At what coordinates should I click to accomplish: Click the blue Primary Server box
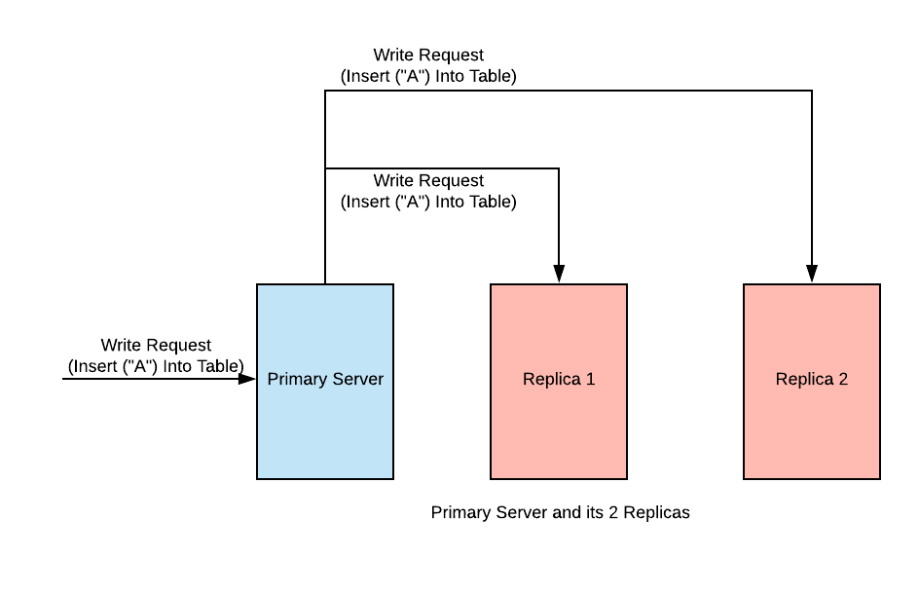coord(325,382)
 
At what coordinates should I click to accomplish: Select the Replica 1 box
coord(559,382)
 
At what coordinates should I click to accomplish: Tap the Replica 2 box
coord(812,382)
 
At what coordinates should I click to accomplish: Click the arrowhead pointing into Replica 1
coord(559,274)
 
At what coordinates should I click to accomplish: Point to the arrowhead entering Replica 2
coord(812,274)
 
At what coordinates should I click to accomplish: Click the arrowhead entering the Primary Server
coord(246,379)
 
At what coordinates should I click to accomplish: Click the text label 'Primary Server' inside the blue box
coord(325,379)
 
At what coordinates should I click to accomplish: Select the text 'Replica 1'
coord(559,379)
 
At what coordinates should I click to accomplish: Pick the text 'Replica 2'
coord(812,379)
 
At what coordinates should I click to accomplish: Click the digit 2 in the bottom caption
coord(613,512)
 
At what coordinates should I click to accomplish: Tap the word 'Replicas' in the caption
coord(656,513)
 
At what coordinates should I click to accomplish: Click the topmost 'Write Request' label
coord(428,56)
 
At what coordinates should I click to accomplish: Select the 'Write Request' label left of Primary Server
coord(156,346)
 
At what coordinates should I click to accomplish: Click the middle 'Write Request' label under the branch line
coord(428,180)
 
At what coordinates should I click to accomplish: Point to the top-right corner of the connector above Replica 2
coord(812,91)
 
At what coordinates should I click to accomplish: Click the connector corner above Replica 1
coord(559,168)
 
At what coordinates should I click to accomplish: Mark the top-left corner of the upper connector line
coord(325,91)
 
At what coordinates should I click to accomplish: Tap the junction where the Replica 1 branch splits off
coord(325,168)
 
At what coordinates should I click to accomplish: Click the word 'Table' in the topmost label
coord(493,76)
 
